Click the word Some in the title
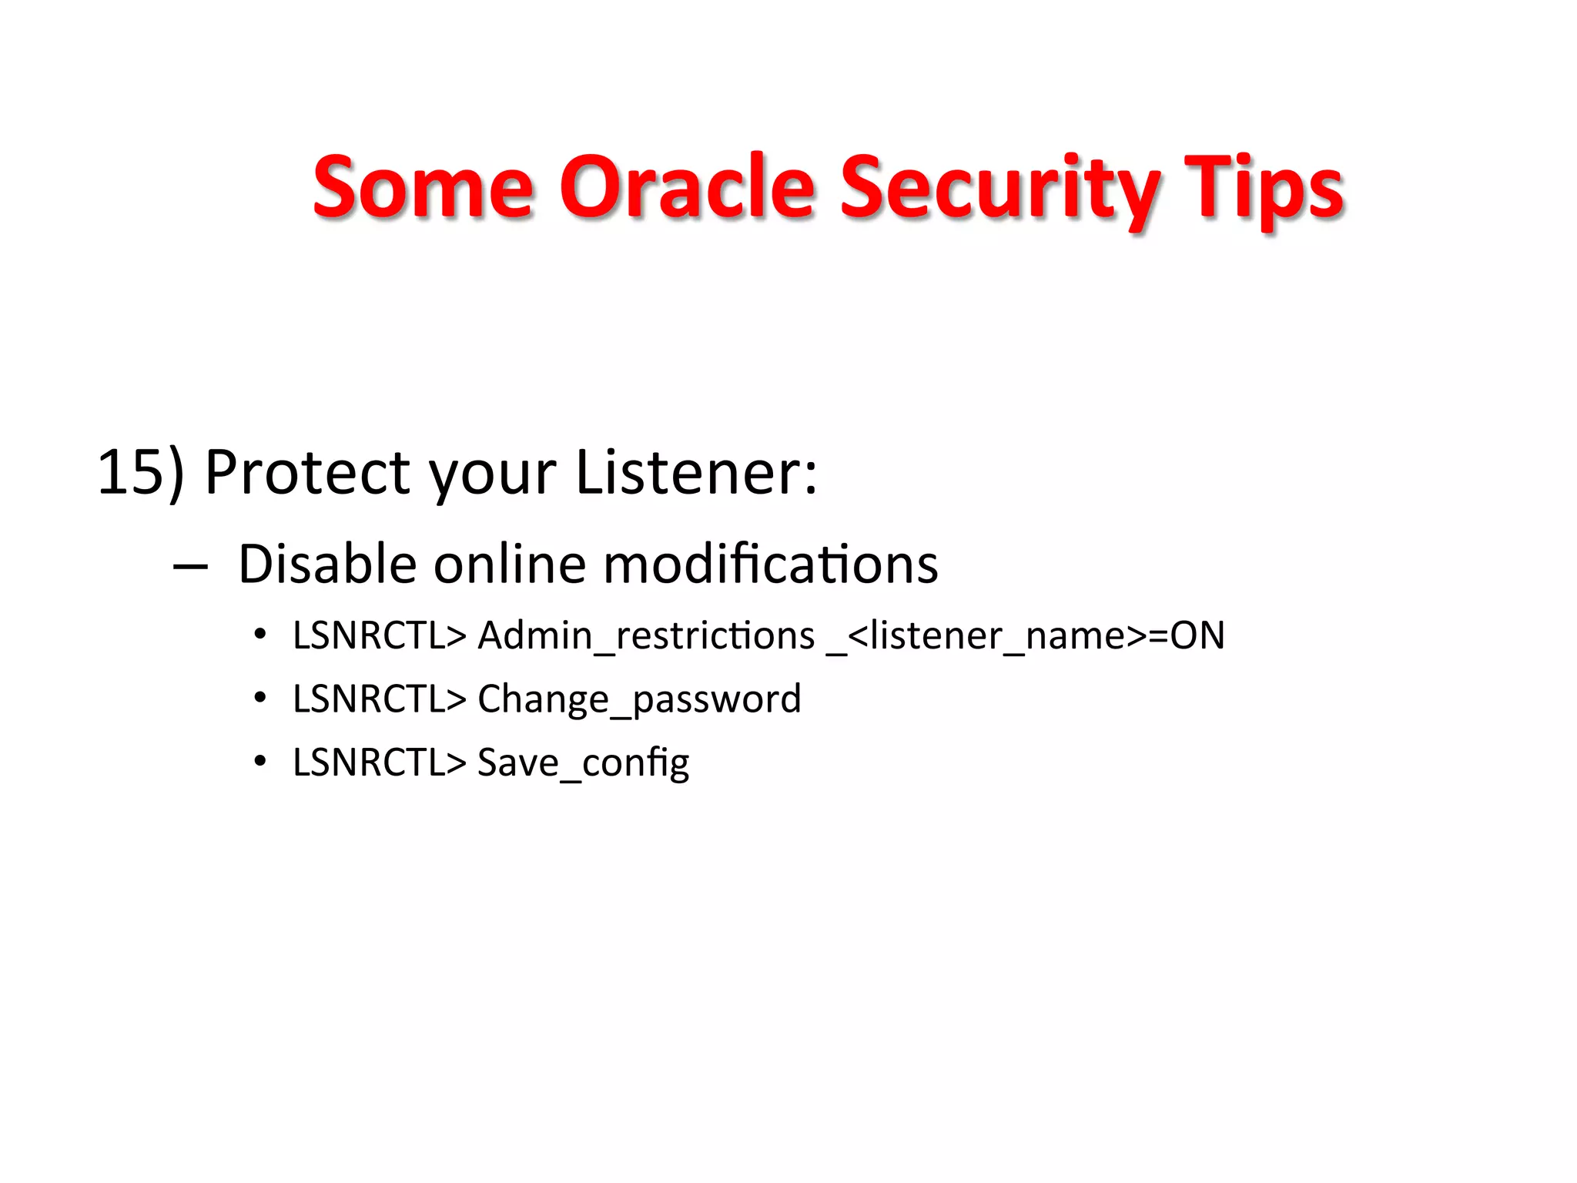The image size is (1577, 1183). (x=423, y=187)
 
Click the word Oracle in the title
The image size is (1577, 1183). (x=686, y=187)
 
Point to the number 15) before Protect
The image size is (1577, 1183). (x=141, y=472)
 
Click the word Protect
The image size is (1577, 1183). (x=306, y=472)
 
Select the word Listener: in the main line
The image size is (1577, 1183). (x=696, y=472)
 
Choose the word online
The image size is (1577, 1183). (x=510, y=564)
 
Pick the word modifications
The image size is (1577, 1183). (x=770, y=564)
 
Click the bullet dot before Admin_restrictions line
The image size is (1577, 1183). (x=260, y=635)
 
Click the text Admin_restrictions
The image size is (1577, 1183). (x=645, y=636)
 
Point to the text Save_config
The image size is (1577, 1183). (x=583, y=763)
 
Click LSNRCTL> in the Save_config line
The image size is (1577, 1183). (x=380, y=762)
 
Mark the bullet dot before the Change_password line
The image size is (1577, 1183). (x=260, y=698)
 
